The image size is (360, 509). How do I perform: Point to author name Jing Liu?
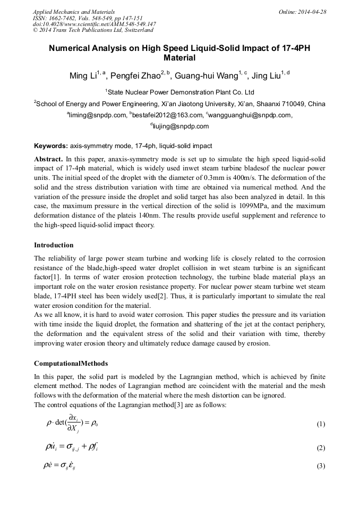coord(267,75)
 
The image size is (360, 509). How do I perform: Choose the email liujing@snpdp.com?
coord(181,126)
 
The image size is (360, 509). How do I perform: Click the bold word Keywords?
coord(51,146)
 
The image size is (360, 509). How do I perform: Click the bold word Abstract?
coord(49,159)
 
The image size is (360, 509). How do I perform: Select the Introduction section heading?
coord(54,245)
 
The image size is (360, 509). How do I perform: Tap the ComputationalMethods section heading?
coord(71,364)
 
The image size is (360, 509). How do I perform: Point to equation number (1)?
coord(320,424)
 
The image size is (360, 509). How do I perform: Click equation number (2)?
coord(320,448)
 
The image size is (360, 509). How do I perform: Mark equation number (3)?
coord(320,466)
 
